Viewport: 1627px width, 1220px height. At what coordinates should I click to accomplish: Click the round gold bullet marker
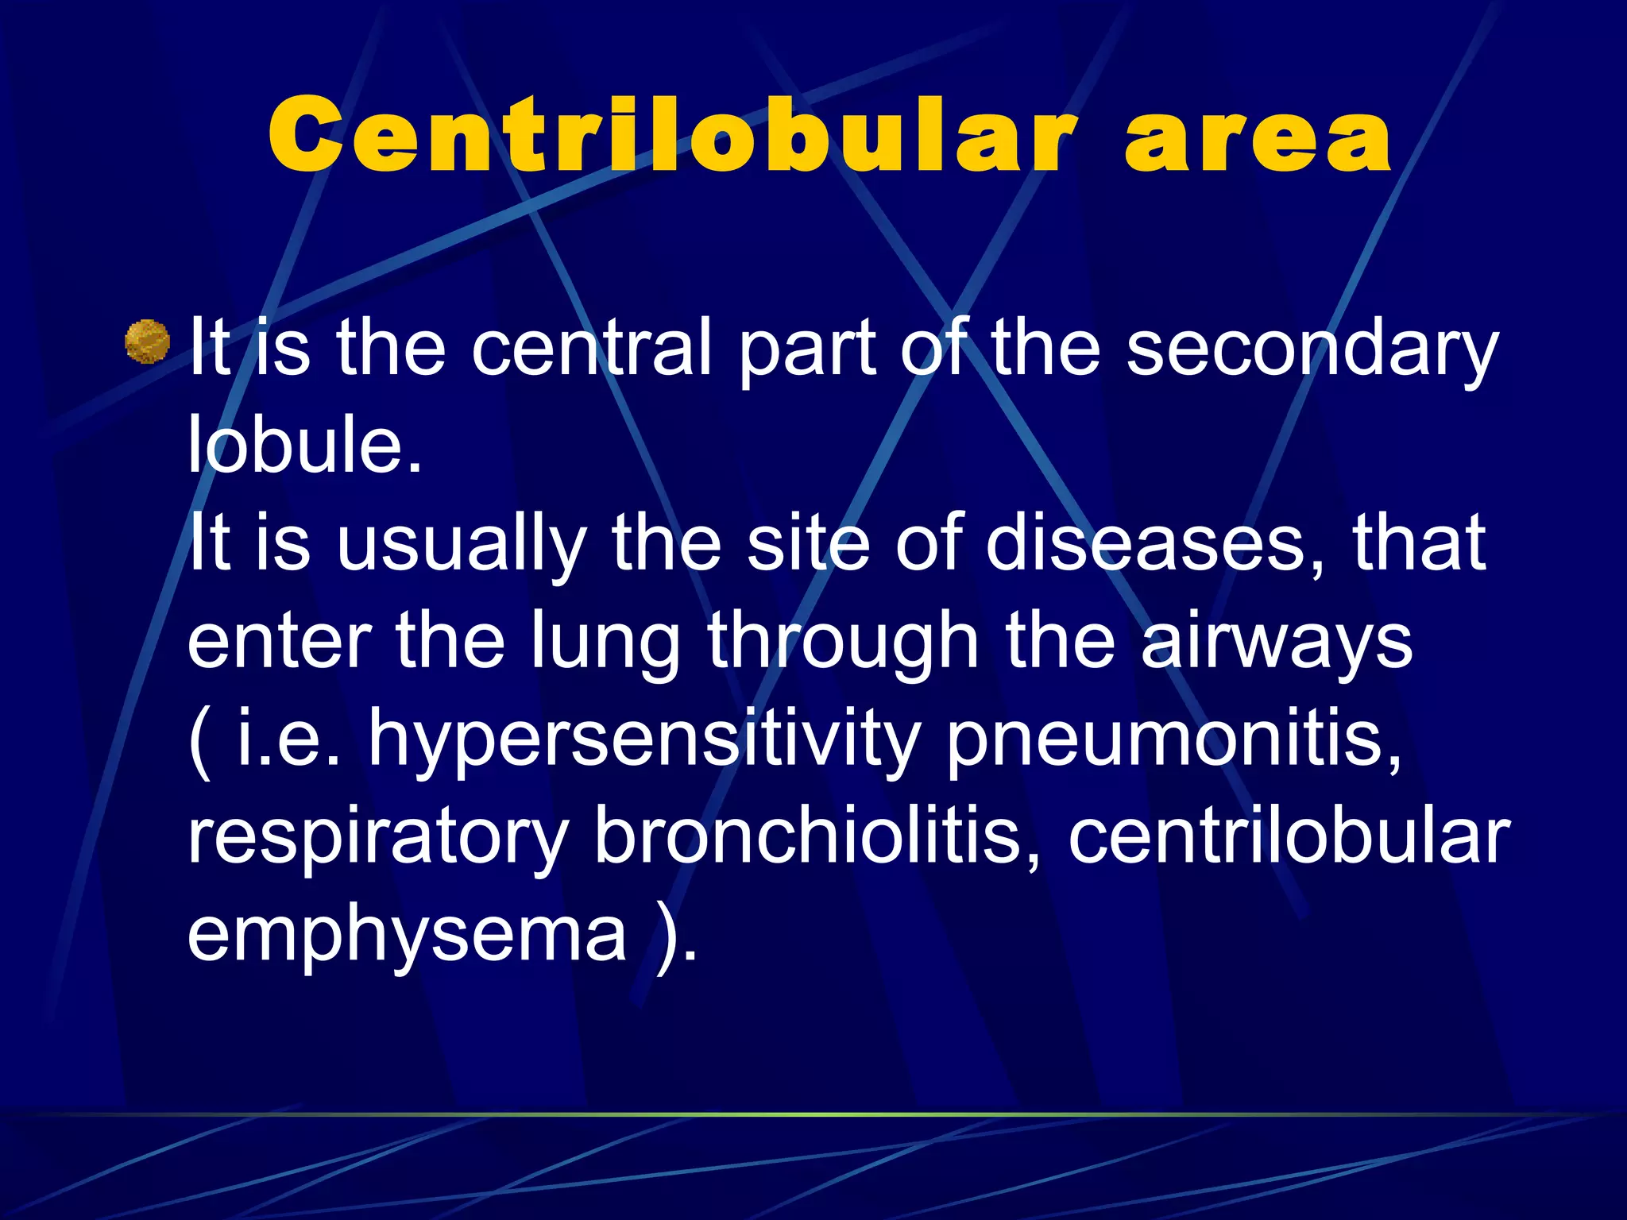coord(148,342)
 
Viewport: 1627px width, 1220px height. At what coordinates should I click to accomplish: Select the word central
coord(592,348)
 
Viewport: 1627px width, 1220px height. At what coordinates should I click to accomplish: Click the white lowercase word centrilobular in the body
coord(1288,836)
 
